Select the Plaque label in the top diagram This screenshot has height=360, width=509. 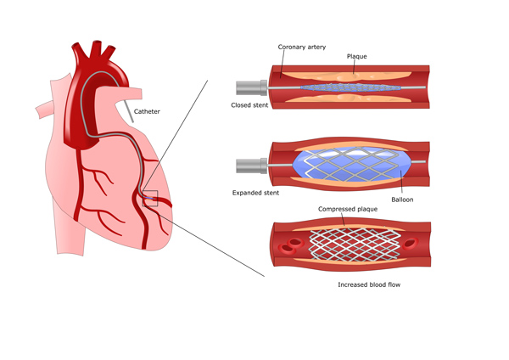(x=358, y=56)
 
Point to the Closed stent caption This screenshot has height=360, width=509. (x=252, y=104)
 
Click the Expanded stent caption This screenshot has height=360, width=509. (x=257, y=193)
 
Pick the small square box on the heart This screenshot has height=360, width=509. (x=149, y=198)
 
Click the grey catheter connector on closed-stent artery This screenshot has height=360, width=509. (x=250, y=87)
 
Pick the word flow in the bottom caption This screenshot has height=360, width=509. (x=391, y=284)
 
